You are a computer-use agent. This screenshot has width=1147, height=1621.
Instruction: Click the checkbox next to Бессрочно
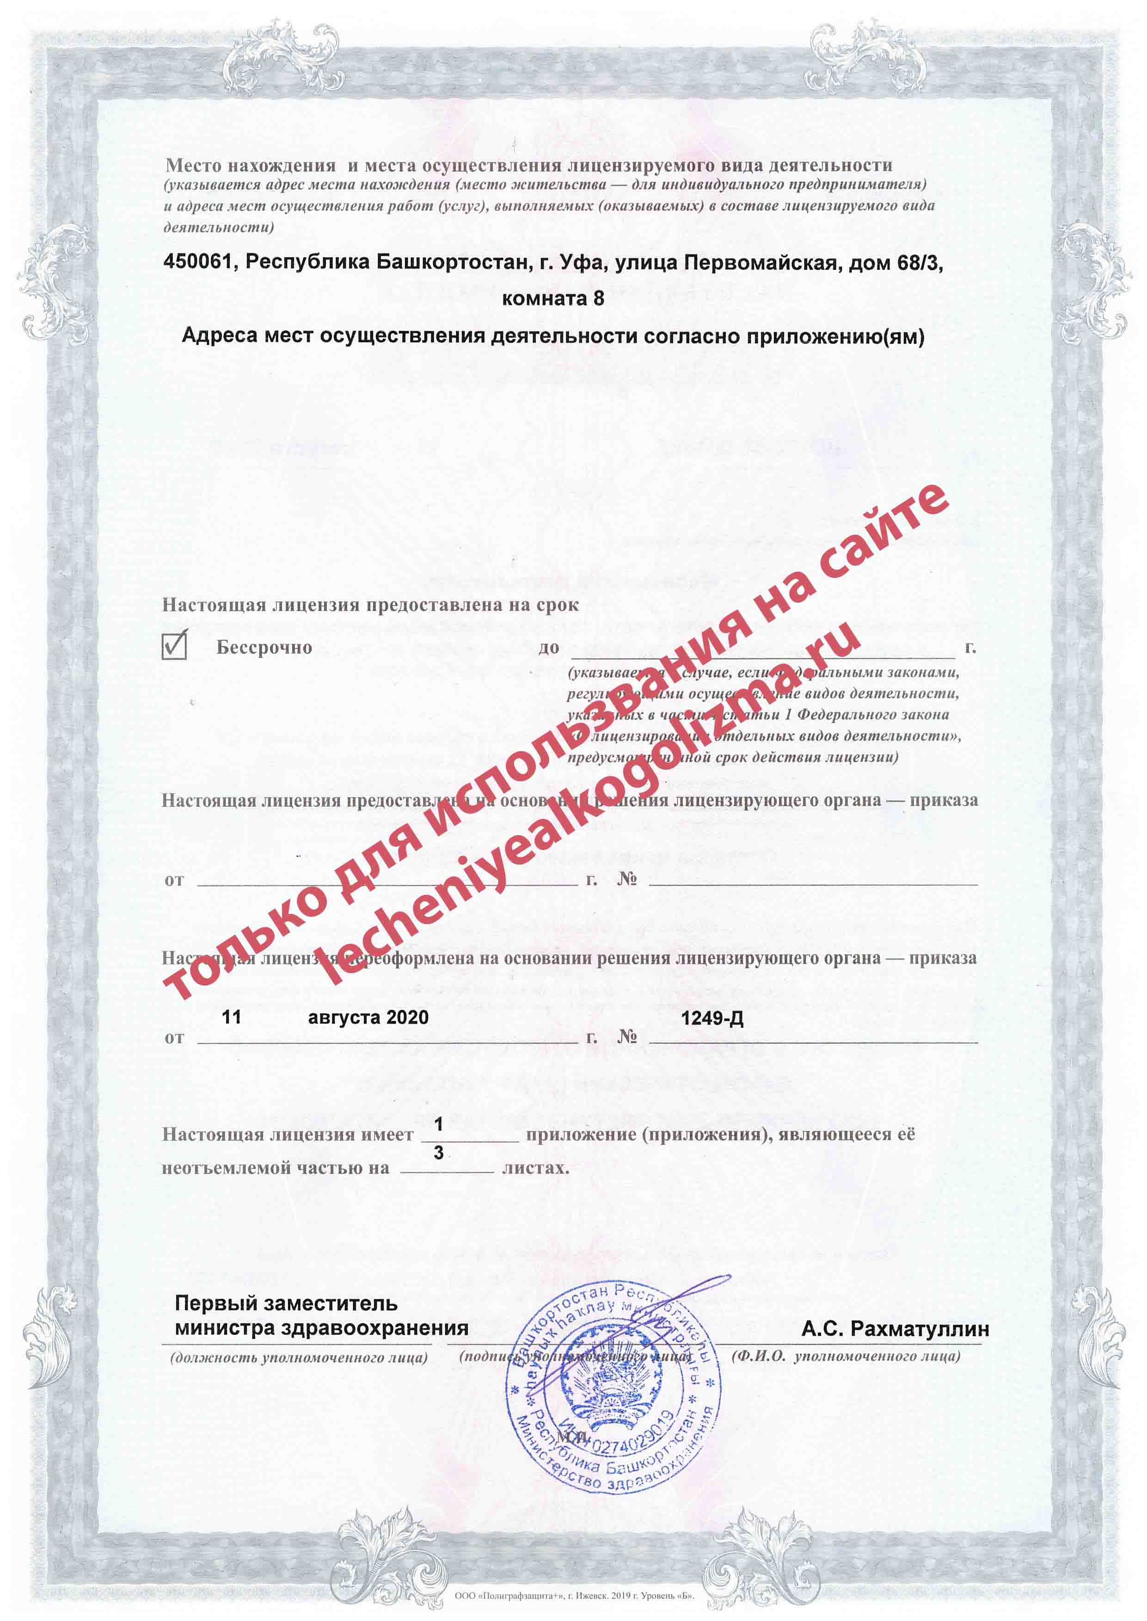[174, 645]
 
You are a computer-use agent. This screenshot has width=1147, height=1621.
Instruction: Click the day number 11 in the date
[231, 1017]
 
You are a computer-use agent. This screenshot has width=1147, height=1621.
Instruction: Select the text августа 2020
[368, 1017]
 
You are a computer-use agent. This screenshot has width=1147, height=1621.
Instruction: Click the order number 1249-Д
[712, 1018]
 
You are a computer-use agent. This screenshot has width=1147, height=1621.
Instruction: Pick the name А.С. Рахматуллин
[895, 1329]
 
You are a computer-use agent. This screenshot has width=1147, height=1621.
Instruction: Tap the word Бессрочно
[264, 648]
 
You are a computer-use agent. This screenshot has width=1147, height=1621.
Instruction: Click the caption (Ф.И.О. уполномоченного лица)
[846, 1356]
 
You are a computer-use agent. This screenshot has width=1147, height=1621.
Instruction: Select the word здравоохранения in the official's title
[374, 1328]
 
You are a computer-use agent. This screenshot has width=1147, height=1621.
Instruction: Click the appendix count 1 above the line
[439, 1123]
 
